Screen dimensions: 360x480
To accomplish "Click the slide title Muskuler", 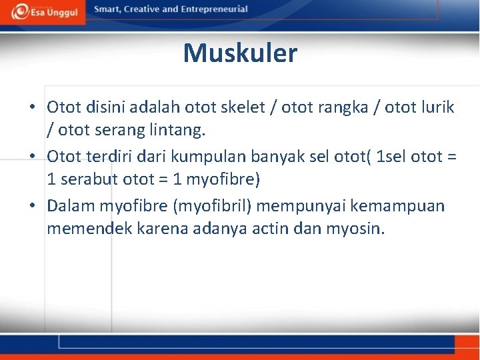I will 240,53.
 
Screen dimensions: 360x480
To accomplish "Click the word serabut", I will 90,180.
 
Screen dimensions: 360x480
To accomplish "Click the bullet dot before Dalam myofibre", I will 33,206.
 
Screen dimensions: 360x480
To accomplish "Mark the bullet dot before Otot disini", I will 33,107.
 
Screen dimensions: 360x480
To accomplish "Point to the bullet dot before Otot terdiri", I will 33,157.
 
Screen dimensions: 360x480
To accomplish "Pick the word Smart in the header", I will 109,9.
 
